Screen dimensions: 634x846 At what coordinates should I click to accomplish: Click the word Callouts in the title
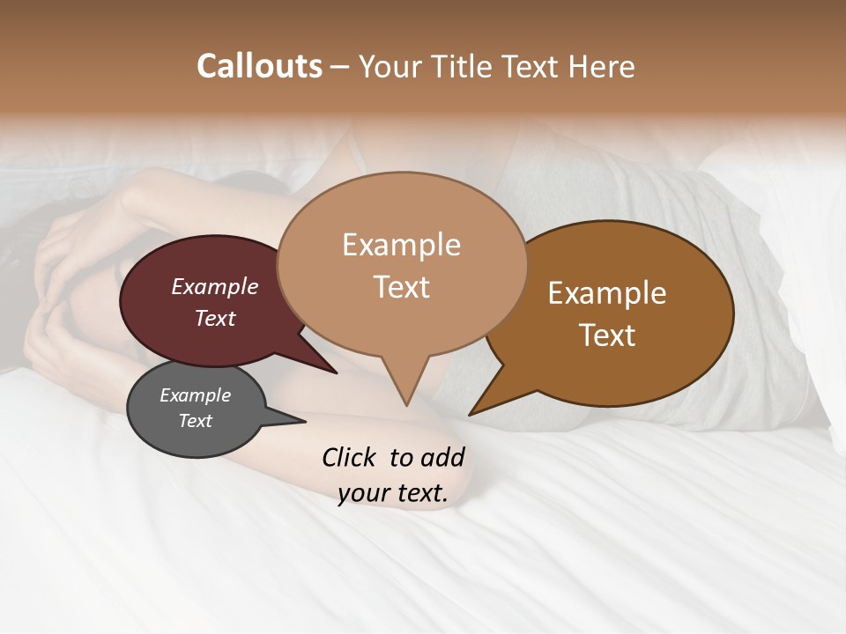point(259,66)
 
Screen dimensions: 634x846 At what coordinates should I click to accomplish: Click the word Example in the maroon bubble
point(215,287)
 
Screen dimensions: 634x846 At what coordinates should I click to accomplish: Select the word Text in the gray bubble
point(196,421)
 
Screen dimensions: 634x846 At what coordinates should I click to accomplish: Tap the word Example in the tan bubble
point(401,245)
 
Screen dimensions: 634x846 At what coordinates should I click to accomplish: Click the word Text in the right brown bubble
point(607,335)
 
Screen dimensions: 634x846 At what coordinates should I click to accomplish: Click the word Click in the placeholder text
point(350,457)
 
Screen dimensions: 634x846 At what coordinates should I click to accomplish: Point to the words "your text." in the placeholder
point(393,494)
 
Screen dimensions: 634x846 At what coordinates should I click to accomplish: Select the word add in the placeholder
point(442,457)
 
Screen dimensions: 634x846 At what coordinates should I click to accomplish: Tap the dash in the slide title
point(339,67)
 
